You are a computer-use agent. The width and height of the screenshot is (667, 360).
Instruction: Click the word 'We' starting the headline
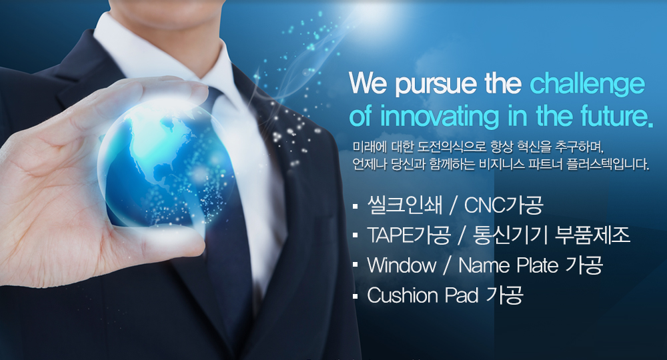pyautogui.click(x=368, y=83)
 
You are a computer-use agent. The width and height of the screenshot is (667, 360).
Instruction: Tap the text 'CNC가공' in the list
pyautogui.click(x=504, y=205)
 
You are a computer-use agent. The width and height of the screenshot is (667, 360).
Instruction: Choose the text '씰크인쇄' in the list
pyautogui.click(x=404, y=205)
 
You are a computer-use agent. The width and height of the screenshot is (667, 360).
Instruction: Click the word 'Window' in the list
pyautogui.click(x=402, y=265)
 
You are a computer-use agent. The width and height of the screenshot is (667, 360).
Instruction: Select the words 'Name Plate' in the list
pyautogui.click(x=508, y=265)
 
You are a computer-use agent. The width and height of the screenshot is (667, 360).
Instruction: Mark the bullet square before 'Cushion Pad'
pyautogui.click(x=356, y=296)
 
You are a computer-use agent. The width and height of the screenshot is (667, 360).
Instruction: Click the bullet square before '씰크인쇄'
pyautogui.click(x=356, y=207)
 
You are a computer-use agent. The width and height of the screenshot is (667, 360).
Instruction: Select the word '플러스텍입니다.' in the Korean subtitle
pyautogui.click(x=608, y=164)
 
